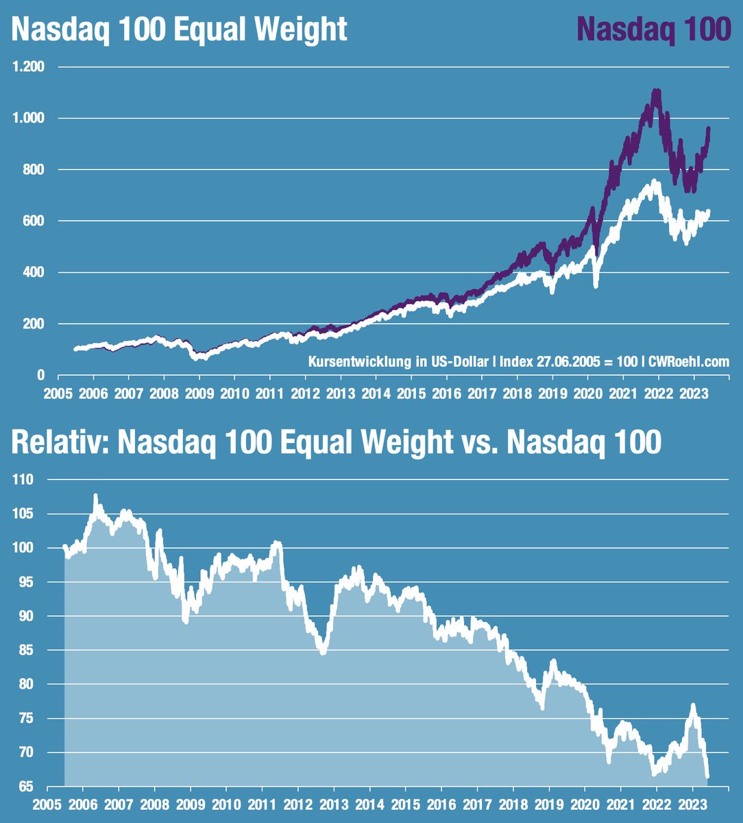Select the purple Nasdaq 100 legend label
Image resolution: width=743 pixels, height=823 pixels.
click(x=654, y=30)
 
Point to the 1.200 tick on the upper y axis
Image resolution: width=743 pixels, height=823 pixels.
click(x=28, y=67)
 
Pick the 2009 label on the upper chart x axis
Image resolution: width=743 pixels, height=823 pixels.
click(x=199, y=396)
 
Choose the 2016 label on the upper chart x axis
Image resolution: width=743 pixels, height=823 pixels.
click(x=446, y=396)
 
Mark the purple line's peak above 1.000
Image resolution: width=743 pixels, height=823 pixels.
click(x=657, y=91)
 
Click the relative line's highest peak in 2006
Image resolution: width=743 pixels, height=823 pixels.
click(x=95, y=495)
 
